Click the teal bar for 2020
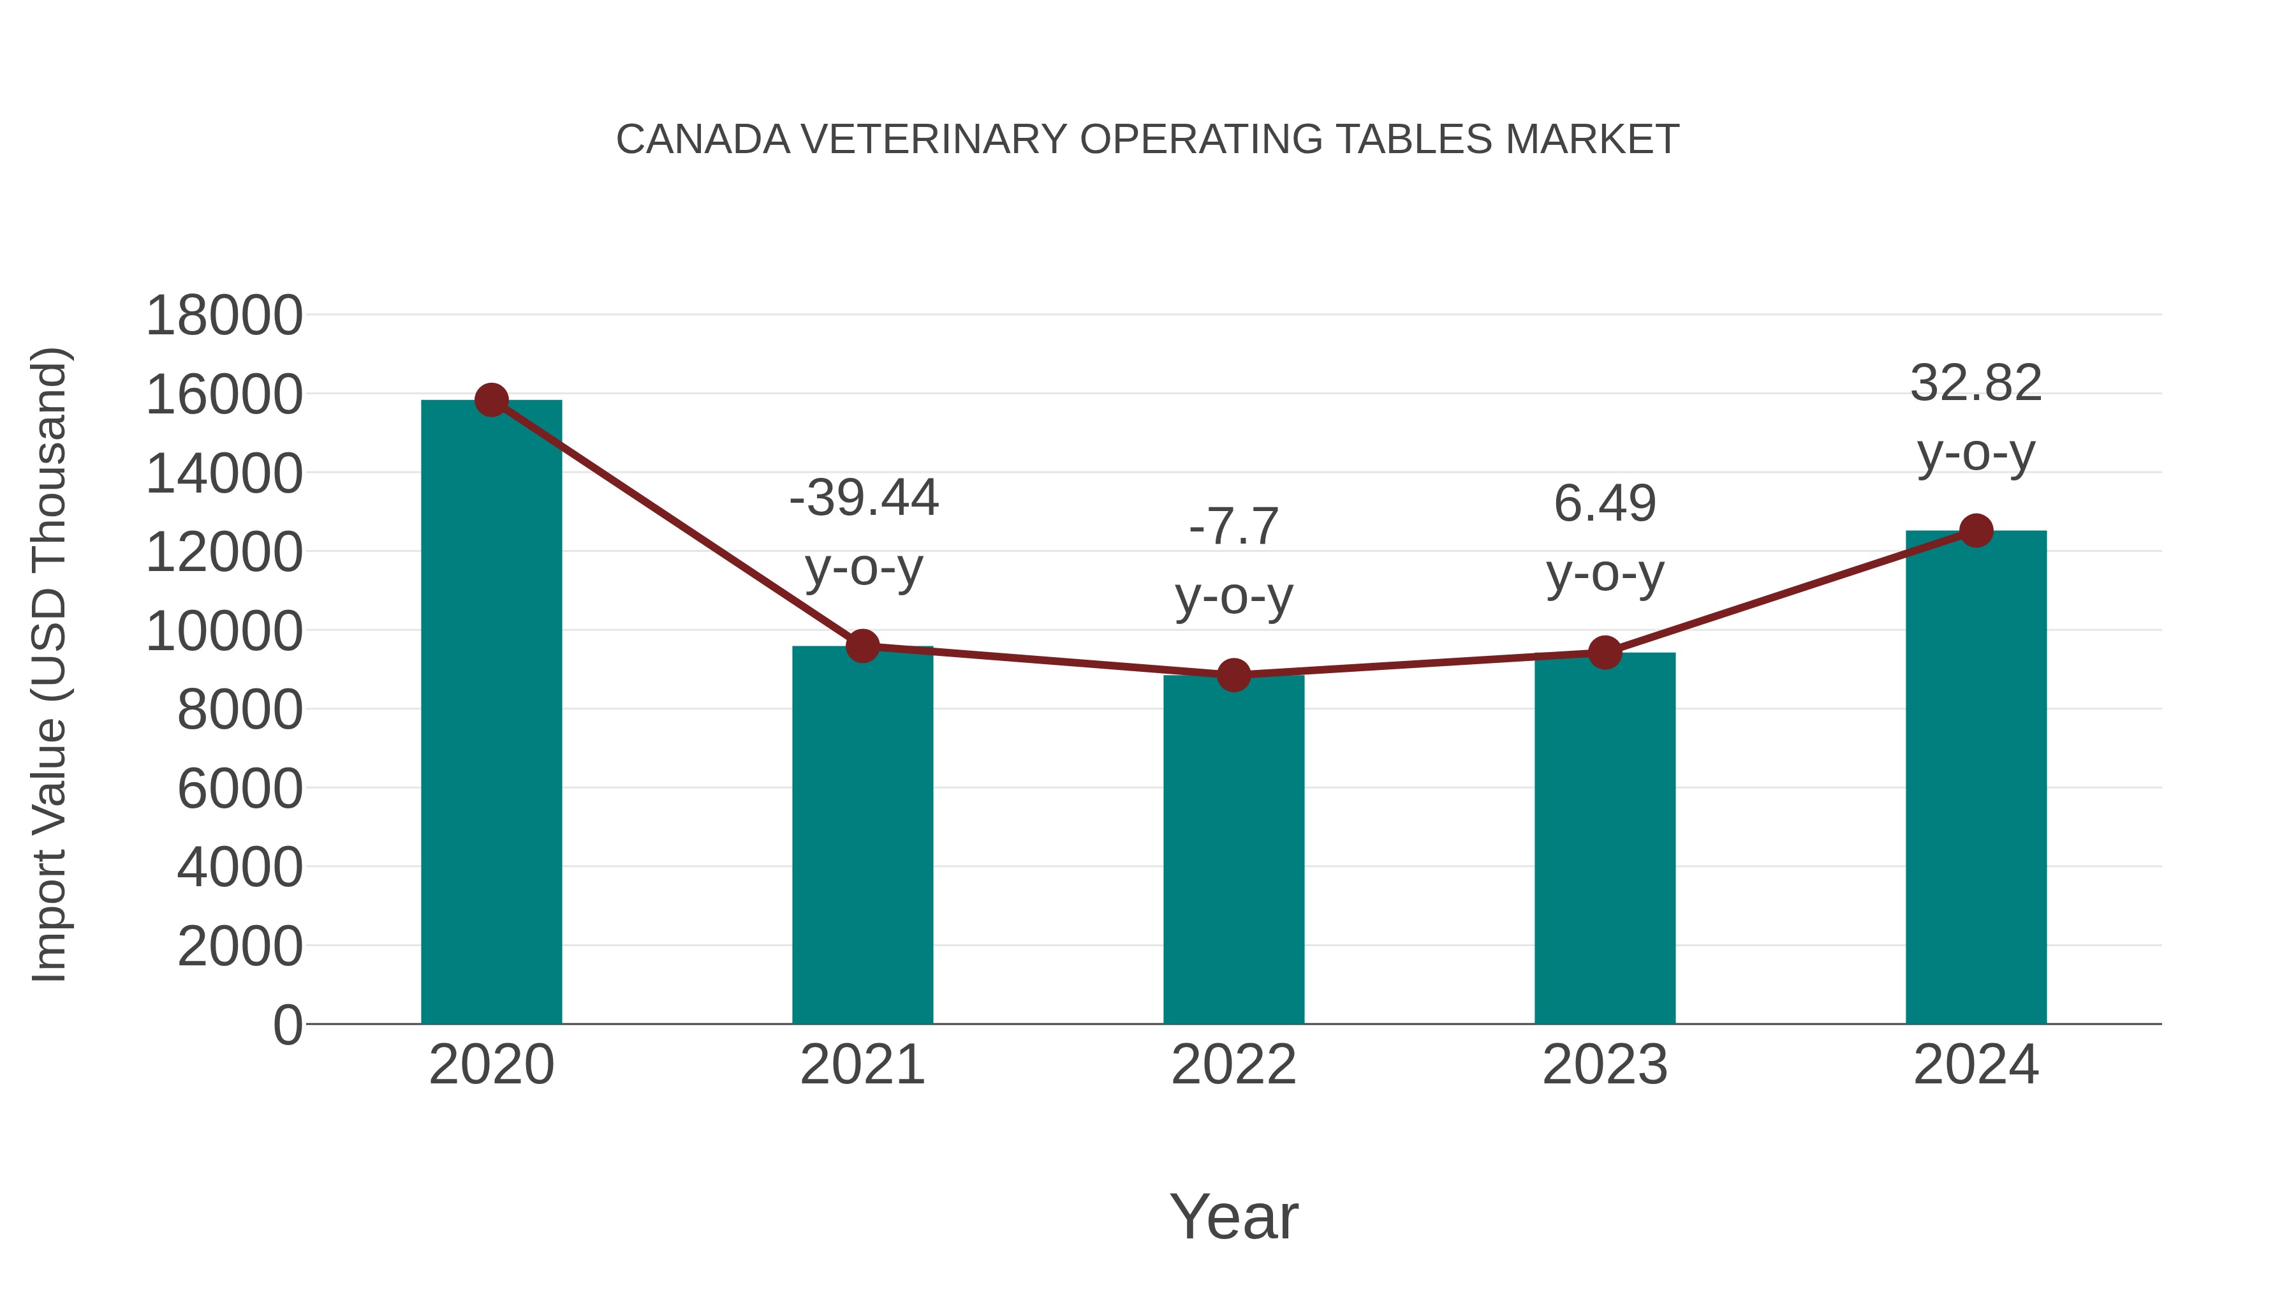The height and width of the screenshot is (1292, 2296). point(491,713)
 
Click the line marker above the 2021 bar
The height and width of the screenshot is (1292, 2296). point(863,646)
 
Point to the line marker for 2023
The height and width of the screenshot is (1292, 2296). point(1605,653)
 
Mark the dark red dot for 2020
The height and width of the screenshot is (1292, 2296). point(492,400)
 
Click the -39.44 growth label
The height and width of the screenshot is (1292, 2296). point(864,498)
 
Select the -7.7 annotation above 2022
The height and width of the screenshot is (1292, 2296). point(1233,526)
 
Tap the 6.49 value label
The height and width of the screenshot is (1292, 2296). point(1605,504)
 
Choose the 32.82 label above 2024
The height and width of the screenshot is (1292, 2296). point(1976,383)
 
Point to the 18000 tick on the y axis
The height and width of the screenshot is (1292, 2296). point(224,316)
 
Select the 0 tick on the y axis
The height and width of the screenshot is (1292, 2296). point(287,1025)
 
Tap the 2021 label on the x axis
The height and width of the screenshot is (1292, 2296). point(863,1065)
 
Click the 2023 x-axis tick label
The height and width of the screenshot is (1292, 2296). point(1605,1065)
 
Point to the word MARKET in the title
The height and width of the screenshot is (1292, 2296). point(1592,140)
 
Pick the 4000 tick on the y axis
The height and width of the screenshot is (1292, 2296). point(240,868)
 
